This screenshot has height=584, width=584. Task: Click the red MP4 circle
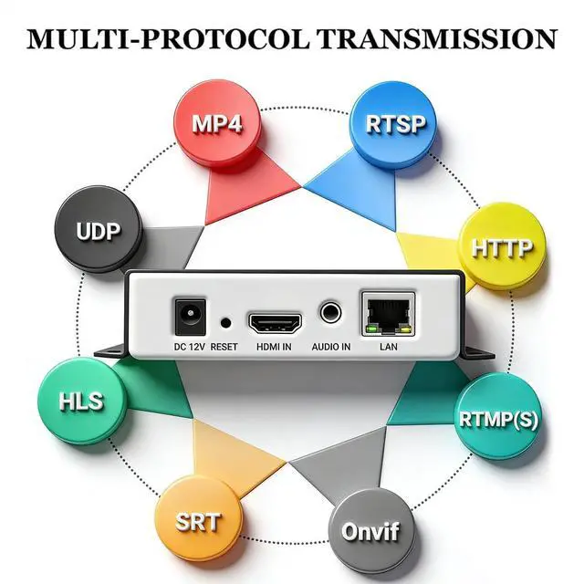[217, 123]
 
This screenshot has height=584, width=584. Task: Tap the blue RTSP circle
[394, 123]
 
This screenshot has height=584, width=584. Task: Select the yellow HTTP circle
[500, 245]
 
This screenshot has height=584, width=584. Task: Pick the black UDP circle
[99, 229]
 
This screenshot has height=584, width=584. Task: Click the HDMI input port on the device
[276, 322]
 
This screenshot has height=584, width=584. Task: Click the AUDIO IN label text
[330, 348]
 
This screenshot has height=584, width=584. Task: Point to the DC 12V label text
[189, 348]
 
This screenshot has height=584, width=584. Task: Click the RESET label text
[224, 348]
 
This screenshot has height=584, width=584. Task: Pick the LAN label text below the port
[389, 348]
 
